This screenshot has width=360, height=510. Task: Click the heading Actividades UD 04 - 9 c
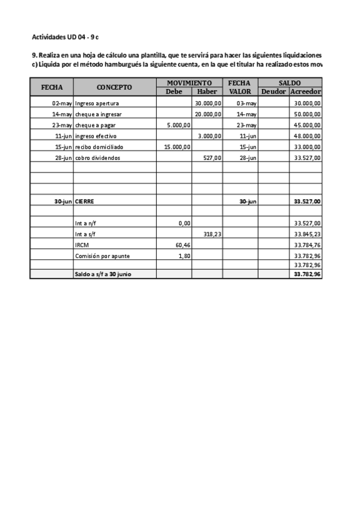[65, 37]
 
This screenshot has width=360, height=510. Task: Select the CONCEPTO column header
[114, 87]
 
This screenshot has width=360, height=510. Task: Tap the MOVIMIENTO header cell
[189, 83]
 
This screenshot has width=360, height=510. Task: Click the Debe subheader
[174, 91]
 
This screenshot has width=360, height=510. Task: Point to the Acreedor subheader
[305, 91]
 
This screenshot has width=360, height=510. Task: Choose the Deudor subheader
[273, 91]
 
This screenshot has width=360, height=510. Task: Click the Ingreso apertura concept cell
[97, 103]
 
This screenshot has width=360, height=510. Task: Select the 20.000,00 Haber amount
[209, 114]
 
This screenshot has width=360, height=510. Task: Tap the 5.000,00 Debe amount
[178, 124]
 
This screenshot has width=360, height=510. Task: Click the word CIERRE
[84, 201]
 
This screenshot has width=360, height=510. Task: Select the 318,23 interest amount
[211, 234]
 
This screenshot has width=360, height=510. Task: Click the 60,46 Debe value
[182, 245]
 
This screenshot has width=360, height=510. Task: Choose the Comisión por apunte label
[102, 256]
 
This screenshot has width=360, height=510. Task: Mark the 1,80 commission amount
[185, 256]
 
